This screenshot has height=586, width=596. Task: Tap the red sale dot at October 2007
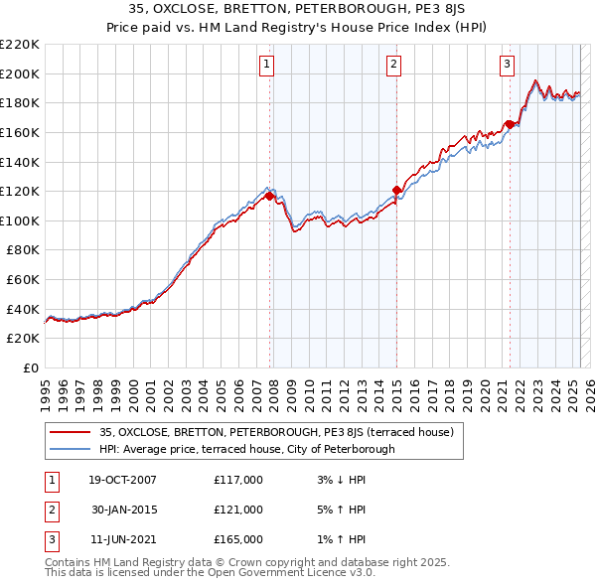pos(270,196)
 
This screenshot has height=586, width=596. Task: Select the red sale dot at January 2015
pos(396,190)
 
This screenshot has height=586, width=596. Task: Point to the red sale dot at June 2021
pos(510,124)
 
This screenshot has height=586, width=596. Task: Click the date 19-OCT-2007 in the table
pos(122,481)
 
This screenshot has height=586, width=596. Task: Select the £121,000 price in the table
pos(238,510)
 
